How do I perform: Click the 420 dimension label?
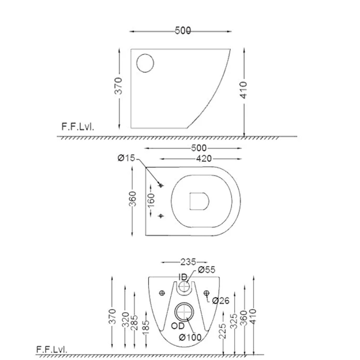204,159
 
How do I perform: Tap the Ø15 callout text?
126,158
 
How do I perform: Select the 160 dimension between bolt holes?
151,200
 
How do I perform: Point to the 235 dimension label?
188,262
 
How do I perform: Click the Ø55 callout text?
207,270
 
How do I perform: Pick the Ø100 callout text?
190,337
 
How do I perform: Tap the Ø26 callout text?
220,301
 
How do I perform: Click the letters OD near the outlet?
178,326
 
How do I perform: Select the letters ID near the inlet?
183,277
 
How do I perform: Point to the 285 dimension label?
134,323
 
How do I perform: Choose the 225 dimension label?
222,331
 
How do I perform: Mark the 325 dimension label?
234,321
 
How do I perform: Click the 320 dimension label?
126,319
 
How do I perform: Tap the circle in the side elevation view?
145,63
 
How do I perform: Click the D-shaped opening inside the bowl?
199,201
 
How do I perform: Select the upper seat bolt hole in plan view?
161,185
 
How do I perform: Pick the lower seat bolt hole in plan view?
161,216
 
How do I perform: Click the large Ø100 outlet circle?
184,312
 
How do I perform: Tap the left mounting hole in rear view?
162,293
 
